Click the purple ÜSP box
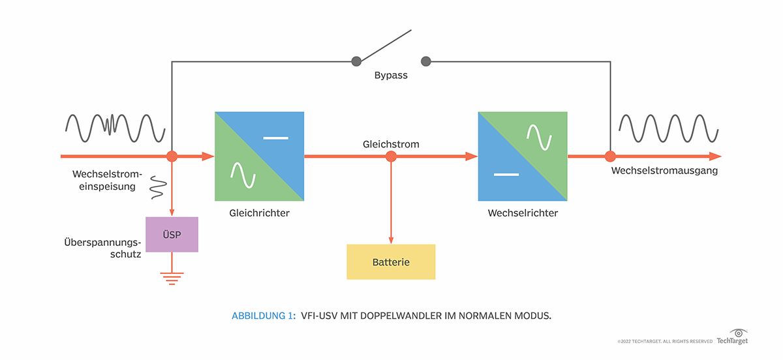click(x=172, y=235)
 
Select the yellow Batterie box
click(x=391, y=262)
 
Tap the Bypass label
click(x=391, y=76)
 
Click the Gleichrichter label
click(x=259, y=213)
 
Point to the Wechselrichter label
click(x=523, y=213)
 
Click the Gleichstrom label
click(x=391, y=143)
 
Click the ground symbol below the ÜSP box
click(x=172, y=278)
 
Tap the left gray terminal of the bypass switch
click(x=356, y=61)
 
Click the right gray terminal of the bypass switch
click(x=426, y=61)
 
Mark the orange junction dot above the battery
click(x=391, y=157)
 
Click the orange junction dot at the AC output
click(x=610, y=157)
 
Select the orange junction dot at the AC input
click(x=172, y=157)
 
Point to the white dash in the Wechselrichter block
click(x=506, y=175)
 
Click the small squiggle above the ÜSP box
click(x=157, y=187)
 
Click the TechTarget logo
click(x=732, y=338)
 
